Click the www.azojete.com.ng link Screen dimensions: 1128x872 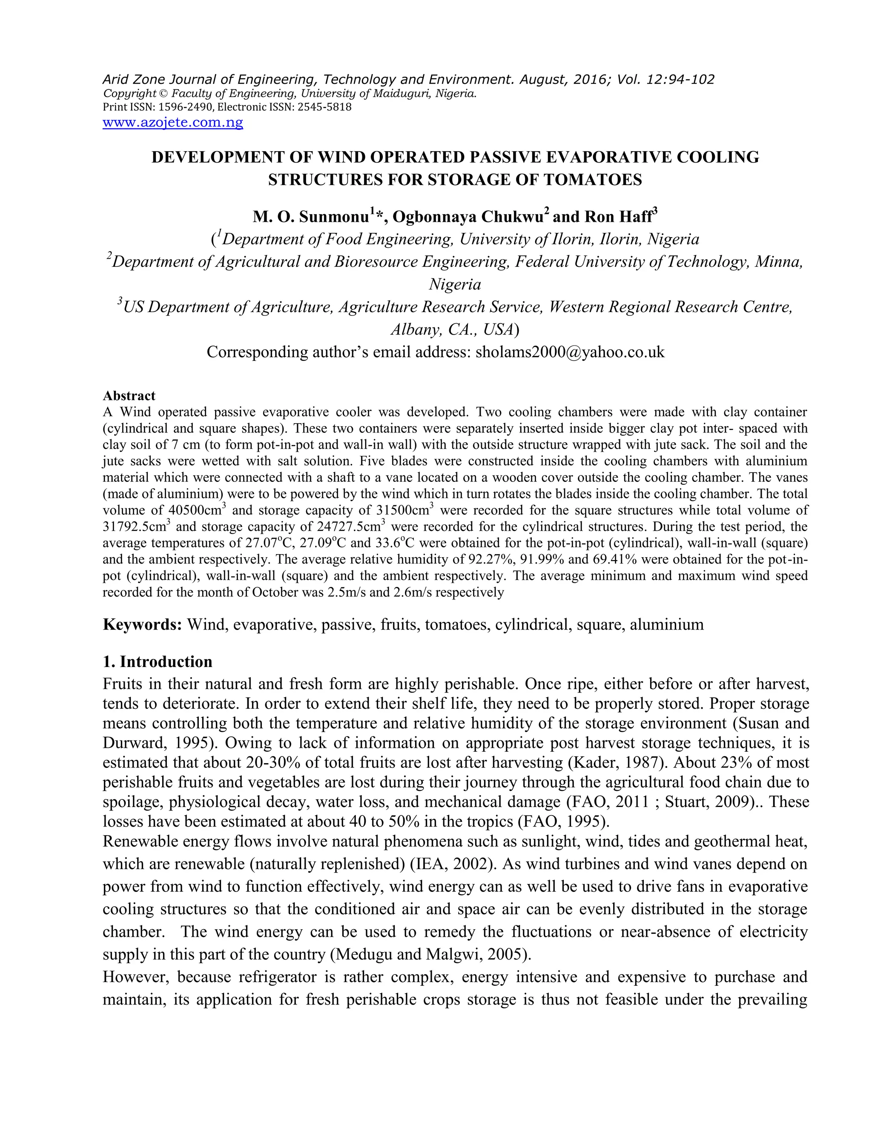pos(172,123)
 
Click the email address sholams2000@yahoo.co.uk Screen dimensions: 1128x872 pos(570,352)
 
